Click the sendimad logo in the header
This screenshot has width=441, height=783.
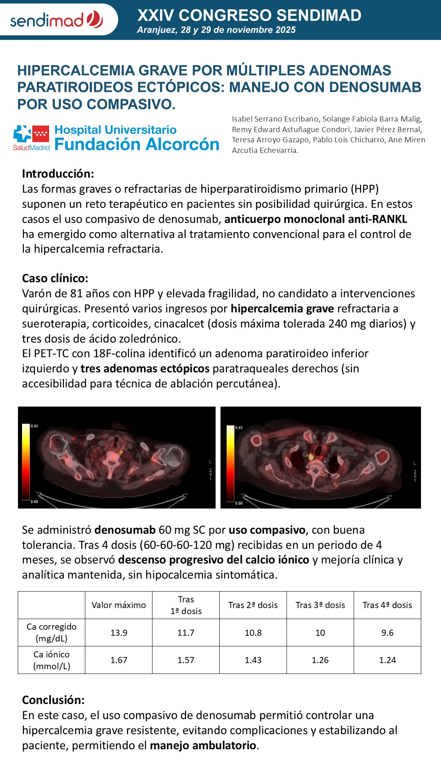56,20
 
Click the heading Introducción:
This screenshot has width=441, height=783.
58,174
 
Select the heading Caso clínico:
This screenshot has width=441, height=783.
55,278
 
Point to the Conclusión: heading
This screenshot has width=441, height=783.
53,700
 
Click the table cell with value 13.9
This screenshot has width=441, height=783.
119,633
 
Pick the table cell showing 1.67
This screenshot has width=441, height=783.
119,660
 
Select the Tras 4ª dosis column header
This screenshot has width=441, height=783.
387,605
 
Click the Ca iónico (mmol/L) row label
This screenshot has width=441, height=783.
51,660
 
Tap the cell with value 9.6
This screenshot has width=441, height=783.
387,633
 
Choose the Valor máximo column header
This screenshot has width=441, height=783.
119,605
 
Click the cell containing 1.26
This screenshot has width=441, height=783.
320,660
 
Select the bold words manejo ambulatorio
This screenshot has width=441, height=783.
203,745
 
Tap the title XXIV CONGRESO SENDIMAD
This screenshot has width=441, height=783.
249,15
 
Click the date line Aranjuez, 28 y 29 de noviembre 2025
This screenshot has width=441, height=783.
216,30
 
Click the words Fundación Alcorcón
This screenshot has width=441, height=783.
137,144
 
